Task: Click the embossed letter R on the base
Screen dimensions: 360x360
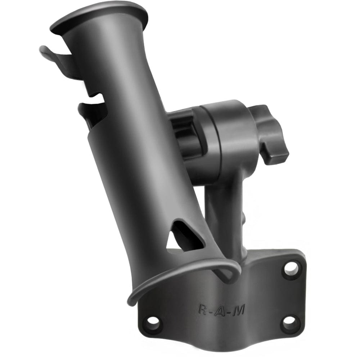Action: click(203, 309)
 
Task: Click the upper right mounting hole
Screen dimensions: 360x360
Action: click(291, 268)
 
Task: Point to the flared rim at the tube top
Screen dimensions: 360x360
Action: click(99, 16)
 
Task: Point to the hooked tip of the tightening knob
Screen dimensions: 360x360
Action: click(277, 157)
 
